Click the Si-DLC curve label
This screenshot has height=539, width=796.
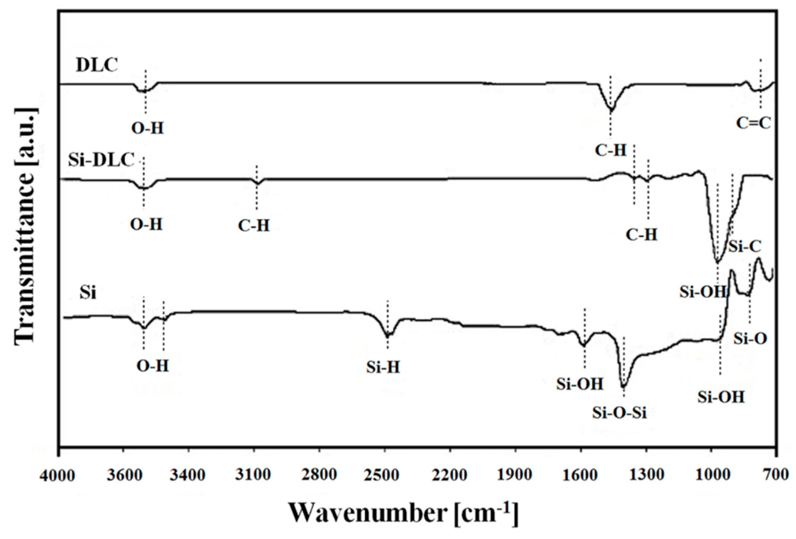(x=101, y=160)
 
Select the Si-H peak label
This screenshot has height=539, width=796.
(x=383, y=368)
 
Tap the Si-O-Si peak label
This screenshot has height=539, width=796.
(x=620, y=413)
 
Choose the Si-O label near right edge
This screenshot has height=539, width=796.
(x=750, y=339)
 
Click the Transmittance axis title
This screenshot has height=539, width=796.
(x=26, y=226)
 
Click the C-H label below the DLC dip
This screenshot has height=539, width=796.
(x=610, y=150)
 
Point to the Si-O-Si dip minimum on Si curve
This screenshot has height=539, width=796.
(x=624, y=386)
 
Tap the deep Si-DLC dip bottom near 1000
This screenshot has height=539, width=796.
(x=717, y=262)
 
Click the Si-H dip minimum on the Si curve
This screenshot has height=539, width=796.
(x=387, y=336)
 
